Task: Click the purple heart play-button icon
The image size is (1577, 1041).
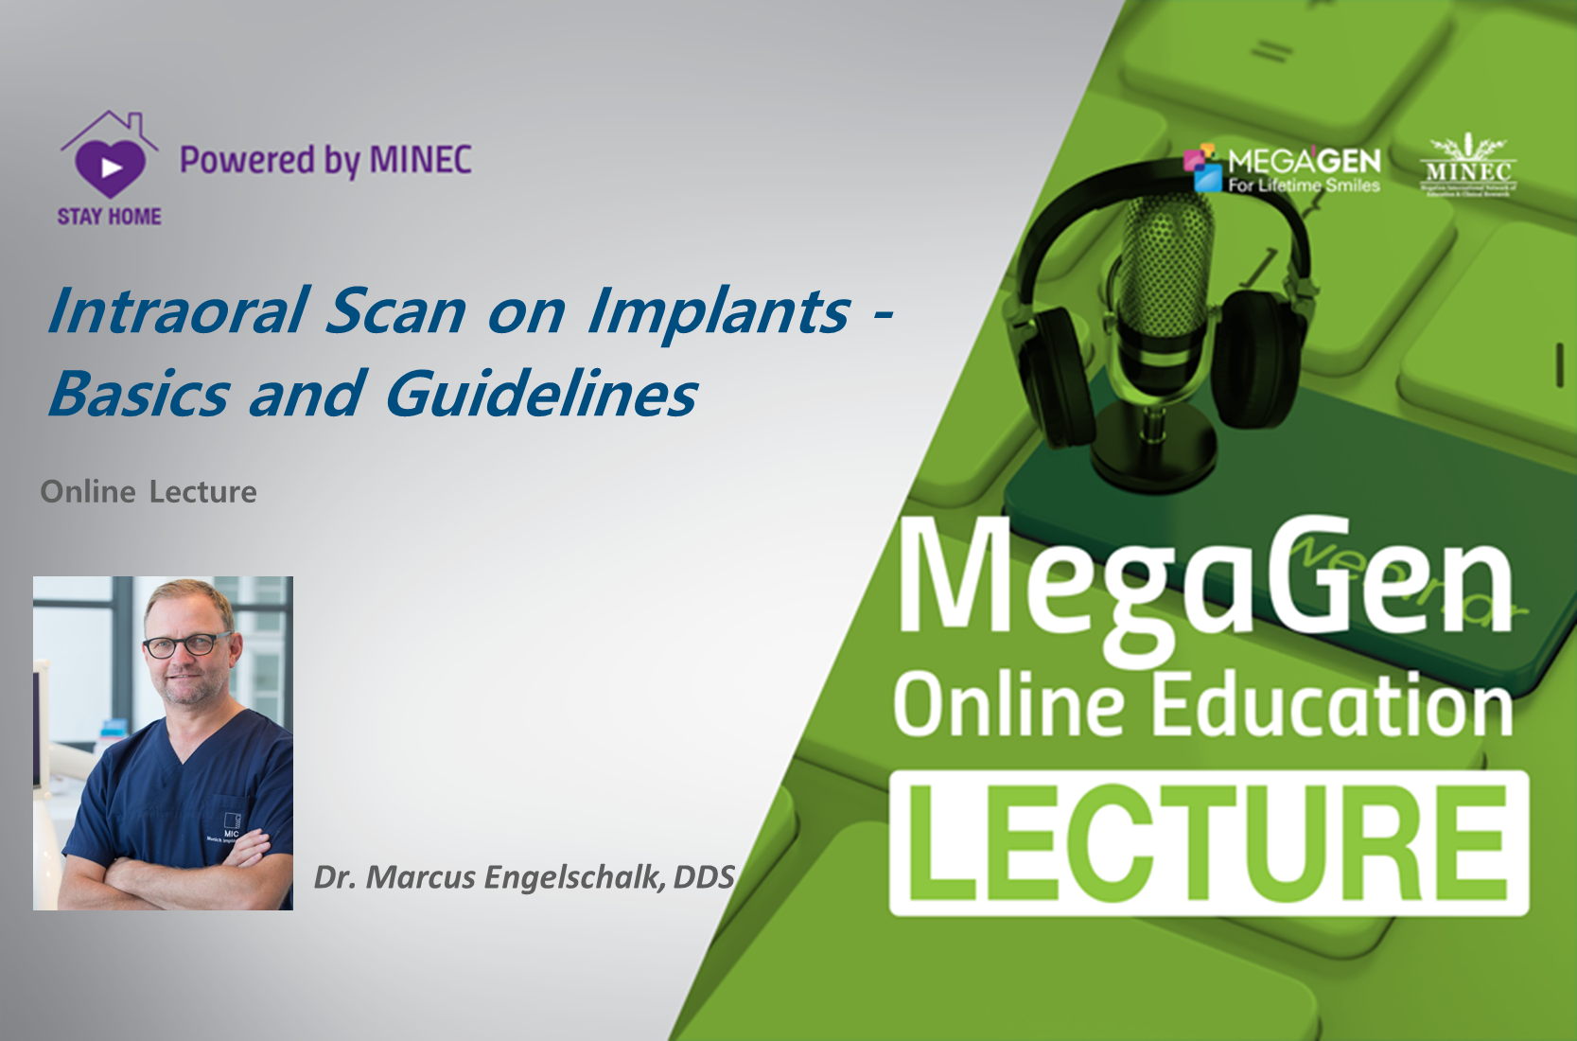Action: (x=110, y=168)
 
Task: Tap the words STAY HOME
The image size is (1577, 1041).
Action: (x=110, y=217)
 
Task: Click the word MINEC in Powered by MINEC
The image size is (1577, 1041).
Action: (x=420, y=160)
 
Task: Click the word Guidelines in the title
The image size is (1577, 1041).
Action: (x=541, y=394)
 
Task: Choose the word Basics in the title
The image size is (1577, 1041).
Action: (x=139, y=394)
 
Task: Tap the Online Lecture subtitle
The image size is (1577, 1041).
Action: (x=149, y=492)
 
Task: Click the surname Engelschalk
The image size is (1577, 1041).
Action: (x=573, y=877)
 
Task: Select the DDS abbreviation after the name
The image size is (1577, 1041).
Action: (x=704, y=877)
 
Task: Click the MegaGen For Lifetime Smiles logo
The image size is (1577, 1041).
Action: (x=1283, y=169)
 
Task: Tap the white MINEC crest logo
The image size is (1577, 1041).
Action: (x=1467, y=166)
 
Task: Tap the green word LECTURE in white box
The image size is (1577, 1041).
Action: (x=1208, y=843)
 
